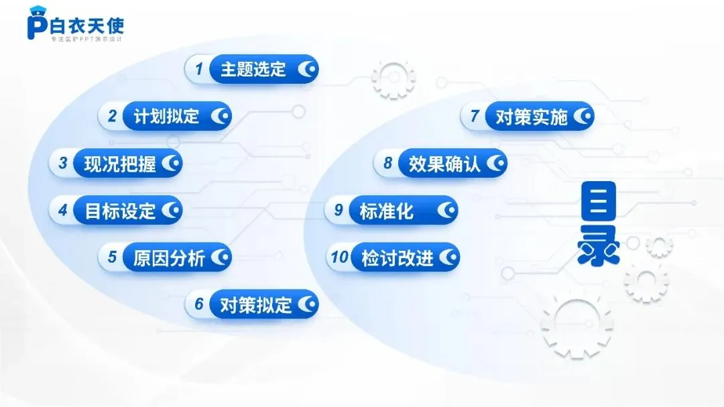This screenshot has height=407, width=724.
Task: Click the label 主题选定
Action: pos(253,69)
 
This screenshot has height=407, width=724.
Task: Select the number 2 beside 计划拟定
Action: pos(112,116)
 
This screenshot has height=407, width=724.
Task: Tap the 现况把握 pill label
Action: pos(119,164)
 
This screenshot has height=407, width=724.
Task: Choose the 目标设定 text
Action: pos(119,211)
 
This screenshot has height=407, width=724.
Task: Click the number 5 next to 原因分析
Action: pos(112,257)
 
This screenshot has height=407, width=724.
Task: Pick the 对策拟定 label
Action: pos(255,305)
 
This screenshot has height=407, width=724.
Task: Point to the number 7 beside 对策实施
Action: pos(475,116)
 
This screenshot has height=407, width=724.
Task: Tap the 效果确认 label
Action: pos(444,164)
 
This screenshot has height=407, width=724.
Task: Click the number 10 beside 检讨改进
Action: pos(340,257)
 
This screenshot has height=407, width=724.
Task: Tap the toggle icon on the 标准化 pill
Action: pos(446,211)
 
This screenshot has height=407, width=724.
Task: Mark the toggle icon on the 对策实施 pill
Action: pos(583,117)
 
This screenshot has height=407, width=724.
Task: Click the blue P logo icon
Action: pos(36,25)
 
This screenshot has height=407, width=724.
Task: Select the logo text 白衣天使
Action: pos(87,25)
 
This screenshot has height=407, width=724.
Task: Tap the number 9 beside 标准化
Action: pos(339,211)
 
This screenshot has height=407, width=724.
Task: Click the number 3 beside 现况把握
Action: pos(63,163)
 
